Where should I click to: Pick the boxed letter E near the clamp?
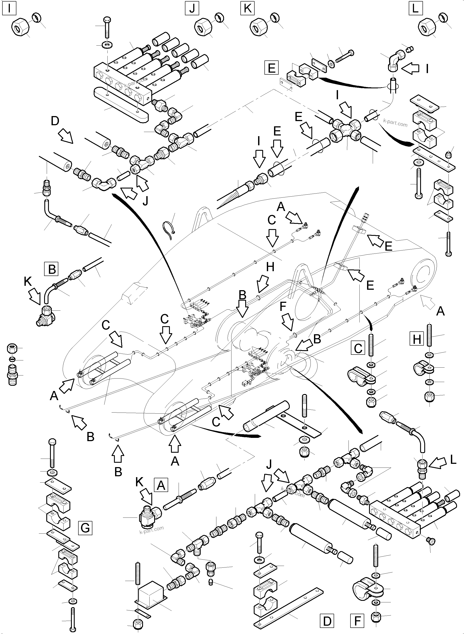[x=272, y=68]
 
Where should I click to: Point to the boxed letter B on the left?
[x=52, y=269]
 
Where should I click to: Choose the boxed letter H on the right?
[x=417, y=339]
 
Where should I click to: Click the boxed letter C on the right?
[x=358, y=348]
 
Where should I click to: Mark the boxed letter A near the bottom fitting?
[x=161, y=485]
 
